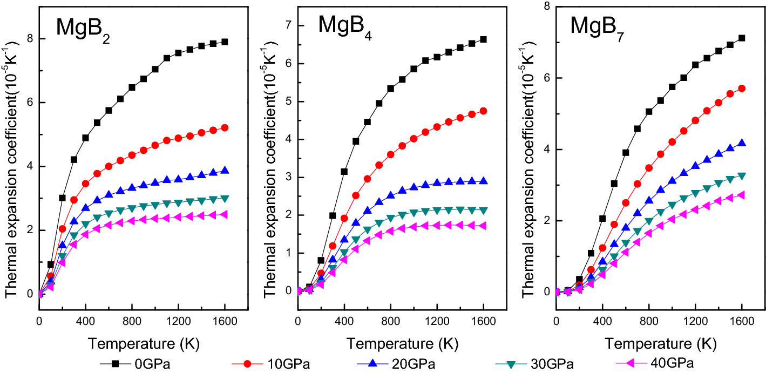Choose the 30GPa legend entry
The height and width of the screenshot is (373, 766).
[558, 363]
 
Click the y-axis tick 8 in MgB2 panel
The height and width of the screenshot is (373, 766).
[30, 39]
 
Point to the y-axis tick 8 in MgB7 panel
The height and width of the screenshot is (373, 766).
[546, 6]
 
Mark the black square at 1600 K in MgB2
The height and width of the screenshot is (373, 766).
[225, 42]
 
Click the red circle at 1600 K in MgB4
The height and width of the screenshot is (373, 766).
[483, 111]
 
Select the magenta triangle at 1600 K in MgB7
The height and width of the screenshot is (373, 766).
[741, 195]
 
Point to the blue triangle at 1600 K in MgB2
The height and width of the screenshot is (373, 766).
[225, 171]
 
